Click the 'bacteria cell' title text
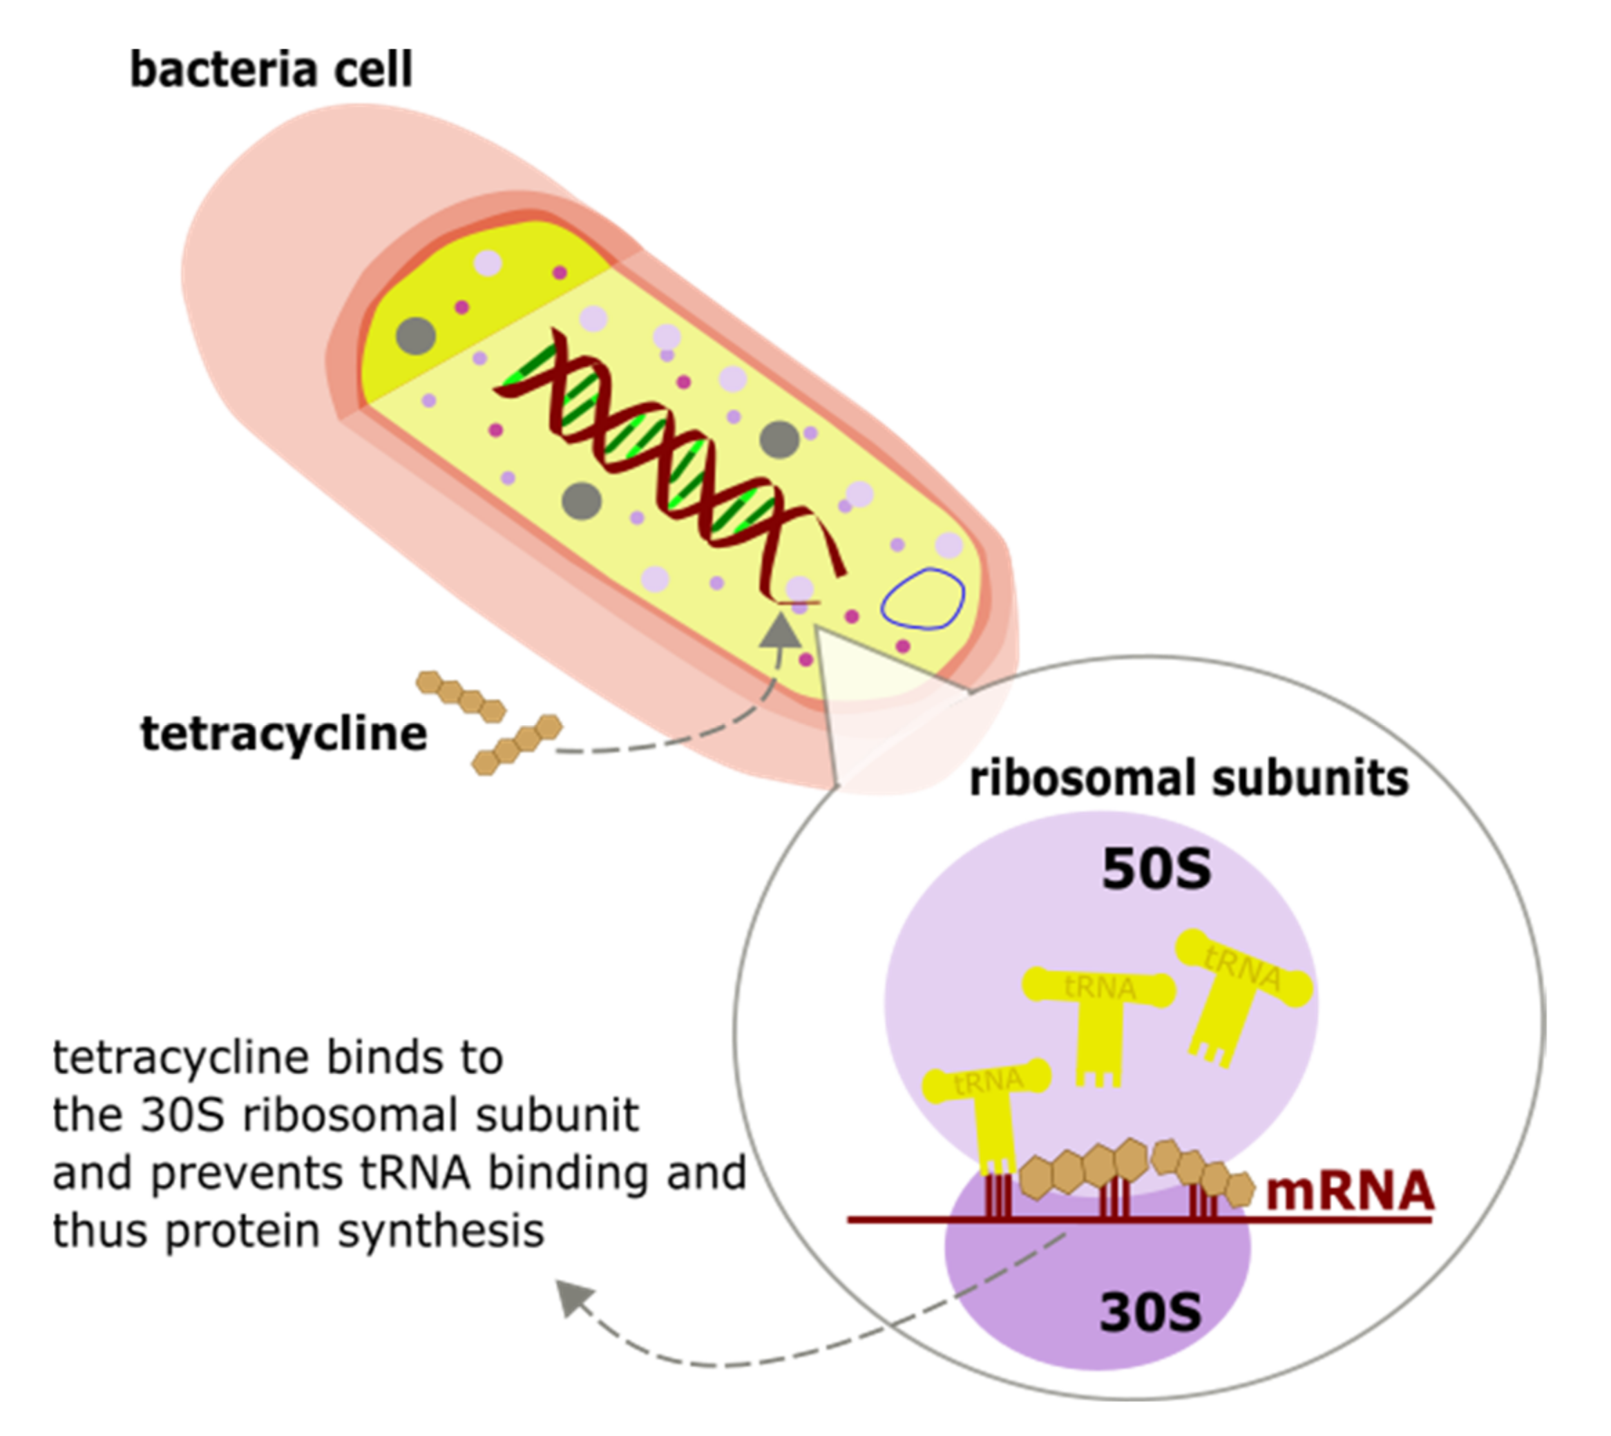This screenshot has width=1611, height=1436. pos(271,70)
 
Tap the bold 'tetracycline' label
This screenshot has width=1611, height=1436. pos(283,734)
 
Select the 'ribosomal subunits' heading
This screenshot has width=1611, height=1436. pos(1188,778)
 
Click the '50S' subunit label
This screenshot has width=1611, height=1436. pos(1156,870)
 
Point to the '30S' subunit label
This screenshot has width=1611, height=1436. pos(1150,1312)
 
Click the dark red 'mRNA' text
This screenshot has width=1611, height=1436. pos(1350,1191)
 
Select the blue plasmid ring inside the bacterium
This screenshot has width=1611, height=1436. pos(922,599)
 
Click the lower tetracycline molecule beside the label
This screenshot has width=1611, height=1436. pos(517,745)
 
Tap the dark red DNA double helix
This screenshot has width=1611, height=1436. pos(671,458)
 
